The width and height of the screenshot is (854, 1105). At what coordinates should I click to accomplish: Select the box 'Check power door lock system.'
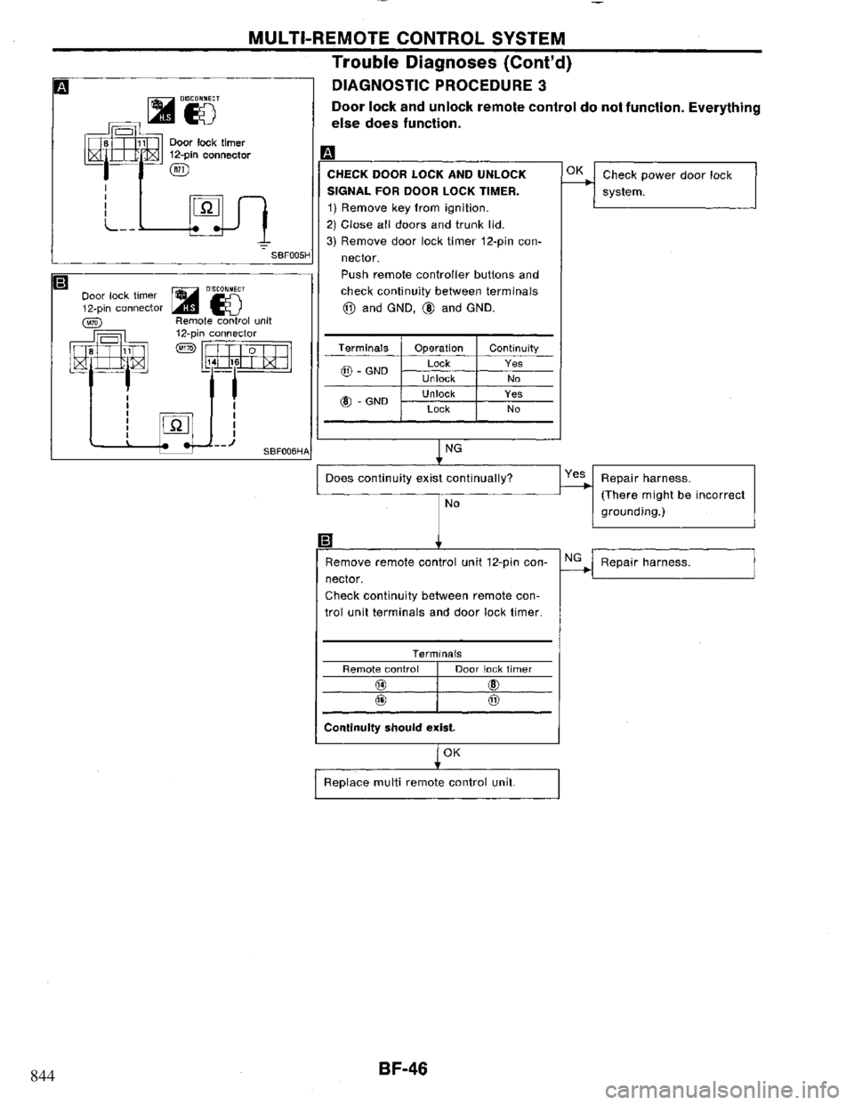click(673, 183)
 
